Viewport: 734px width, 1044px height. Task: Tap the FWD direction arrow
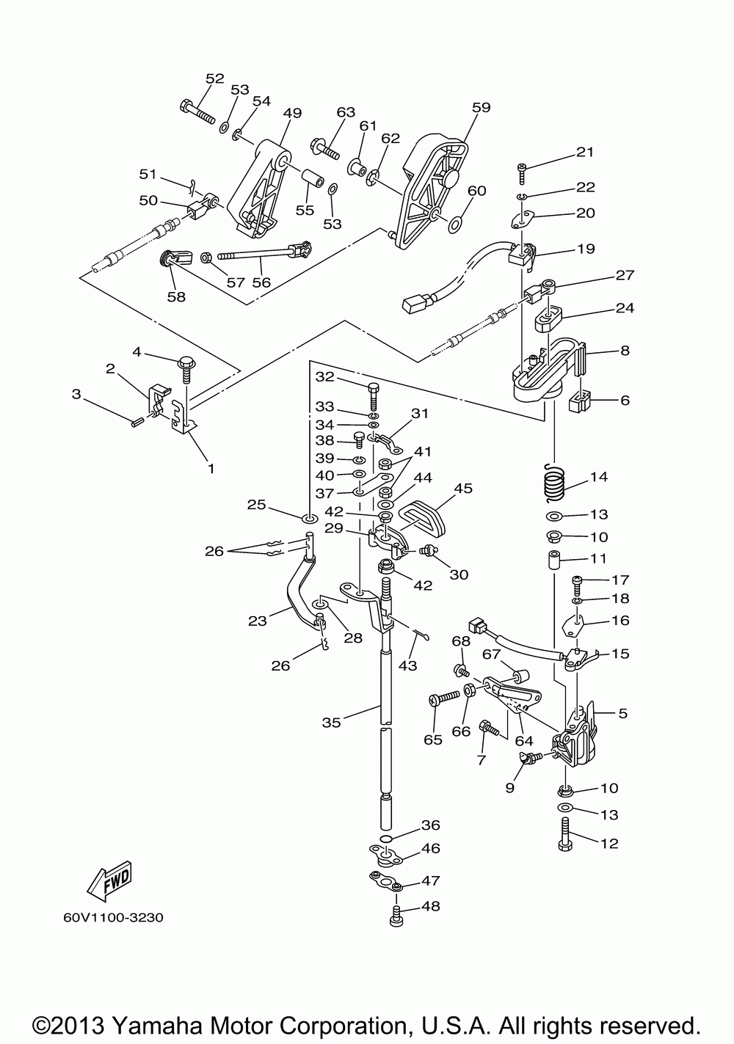coord(110,877)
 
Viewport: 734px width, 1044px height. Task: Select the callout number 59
coord(482,107)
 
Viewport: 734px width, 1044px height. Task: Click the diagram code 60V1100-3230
coord(113,918)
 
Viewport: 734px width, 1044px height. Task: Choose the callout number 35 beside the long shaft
coord(331,723)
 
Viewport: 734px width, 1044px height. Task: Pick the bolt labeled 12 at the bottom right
coord(564,835)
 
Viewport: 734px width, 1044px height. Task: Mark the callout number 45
coord(463,488)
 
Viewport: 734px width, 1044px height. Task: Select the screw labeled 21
coord(522,174)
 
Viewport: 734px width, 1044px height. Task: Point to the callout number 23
coord(257,621)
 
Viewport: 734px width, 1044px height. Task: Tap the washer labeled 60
coord(454,225)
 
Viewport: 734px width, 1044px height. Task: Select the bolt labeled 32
coord(373,395)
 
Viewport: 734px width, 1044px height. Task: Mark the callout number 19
coord(586,249)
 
